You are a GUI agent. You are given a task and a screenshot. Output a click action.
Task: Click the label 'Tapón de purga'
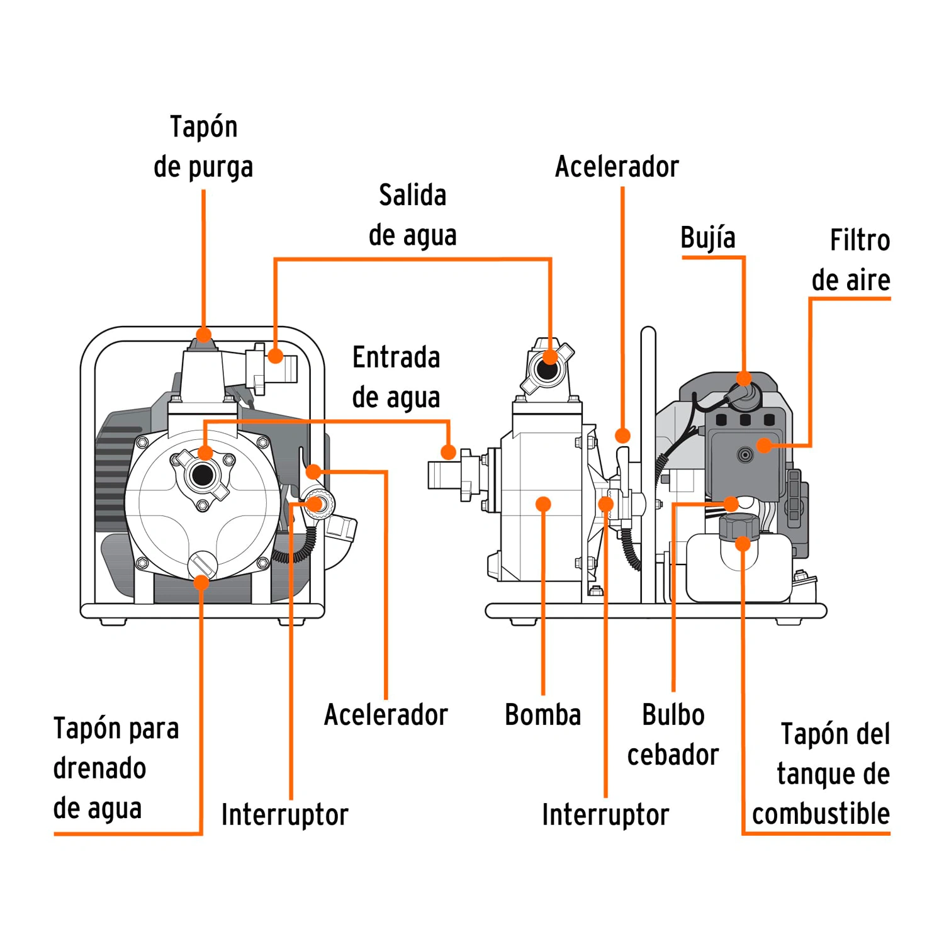pos(203,147)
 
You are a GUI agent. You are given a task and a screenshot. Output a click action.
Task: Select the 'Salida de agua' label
pos(412,215)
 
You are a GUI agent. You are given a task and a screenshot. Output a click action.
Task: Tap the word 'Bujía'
pos(707,238)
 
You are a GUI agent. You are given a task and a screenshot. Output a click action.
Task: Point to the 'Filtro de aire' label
pos(851,260)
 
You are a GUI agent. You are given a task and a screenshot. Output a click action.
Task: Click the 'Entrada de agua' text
pos(396,377)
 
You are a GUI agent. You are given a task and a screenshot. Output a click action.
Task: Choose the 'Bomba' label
pos(542,715)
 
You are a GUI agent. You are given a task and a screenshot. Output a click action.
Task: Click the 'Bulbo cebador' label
pos(673,734)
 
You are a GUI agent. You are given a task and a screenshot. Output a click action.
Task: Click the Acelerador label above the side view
pos(617,167)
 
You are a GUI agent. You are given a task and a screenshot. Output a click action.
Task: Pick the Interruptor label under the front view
pos(284,814)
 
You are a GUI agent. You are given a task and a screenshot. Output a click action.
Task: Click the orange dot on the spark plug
pos(744,378)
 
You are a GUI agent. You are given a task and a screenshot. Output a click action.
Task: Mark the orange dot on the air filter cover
pos(764,446)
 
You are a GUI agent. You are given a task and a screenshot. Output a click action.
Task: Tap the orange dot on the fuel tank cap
pos(743,543)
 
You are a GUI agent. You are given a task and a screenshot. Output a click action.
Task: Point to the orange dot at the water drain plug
pos(201,583)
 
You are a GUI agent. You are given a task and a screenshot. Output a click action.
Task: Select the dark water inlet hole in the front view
pos(203,475)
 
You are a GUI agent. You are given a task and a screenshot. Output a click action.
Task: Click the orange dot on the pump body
pos(543,503)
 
